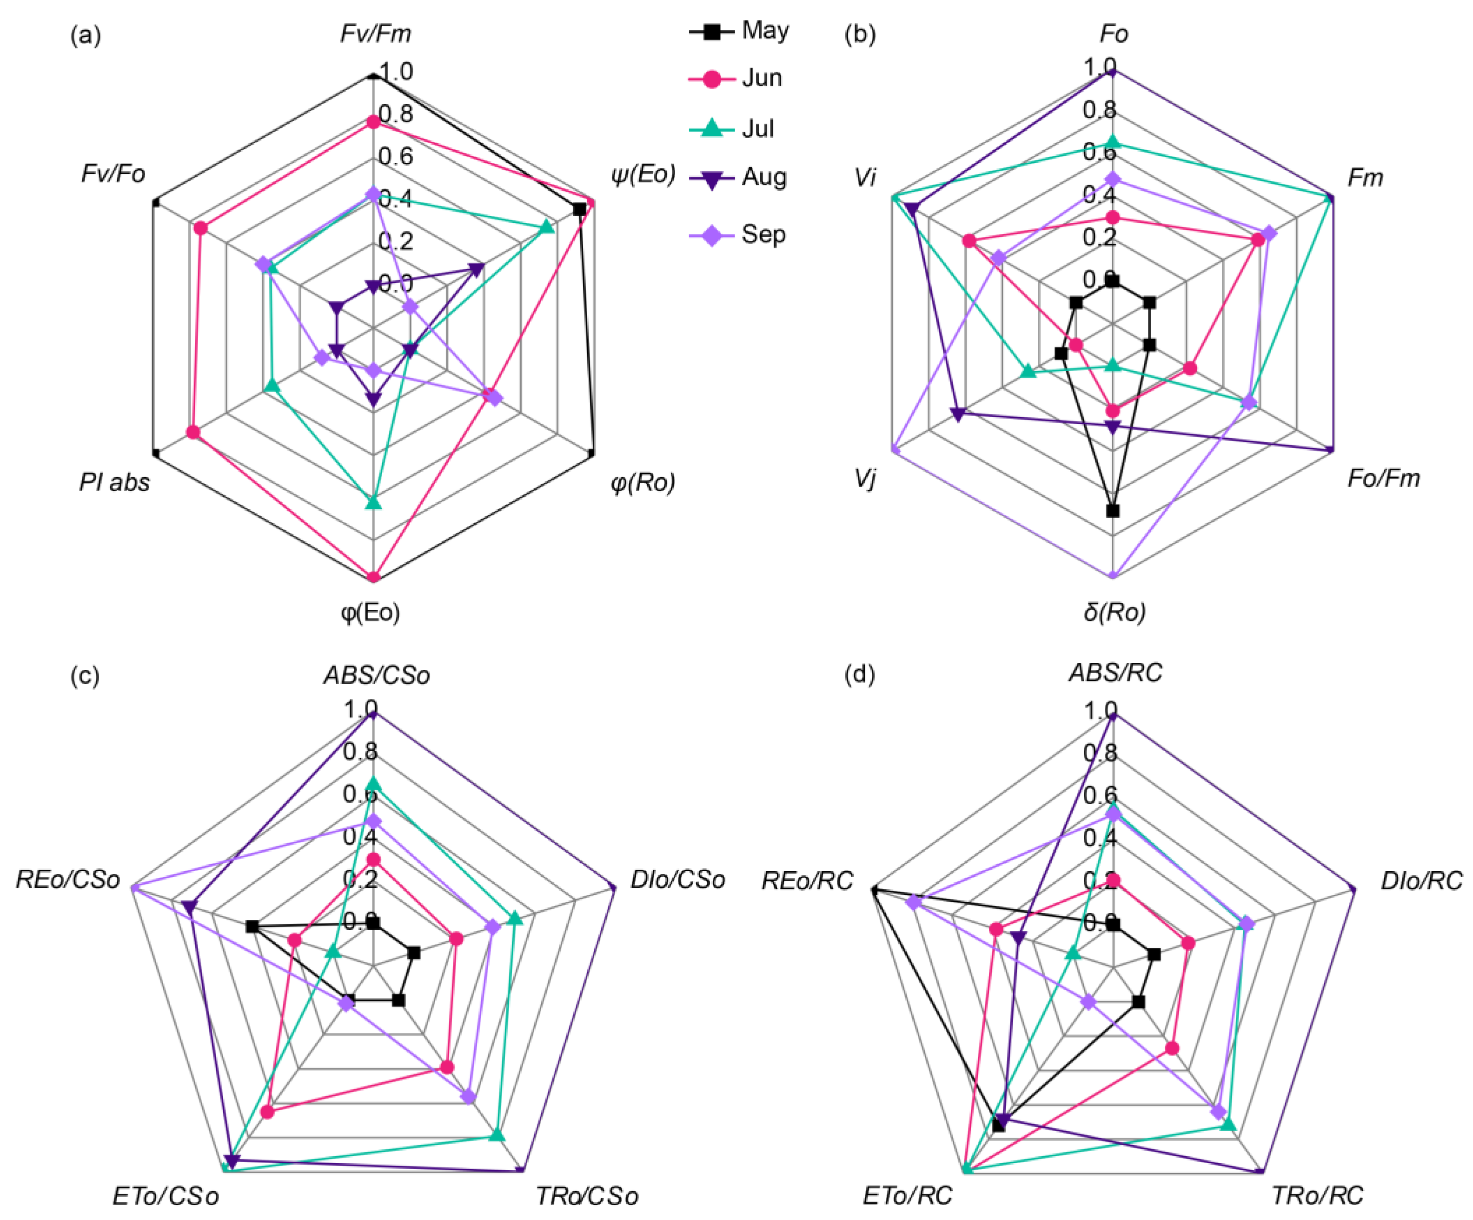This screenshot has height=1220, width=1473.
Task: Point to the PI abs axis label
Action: tap(114, 483)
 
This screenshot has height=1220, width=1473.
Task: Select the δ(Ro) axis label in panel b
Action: tap(1115, 612)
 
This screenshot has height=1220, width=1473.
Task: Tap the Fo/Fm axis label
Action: tap(1383, 479)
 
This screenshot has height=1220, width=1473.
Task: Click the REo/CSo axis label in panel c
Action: tap(68, 880)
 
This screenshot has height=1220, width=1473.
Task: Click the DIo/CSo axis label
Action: tap(677, 880)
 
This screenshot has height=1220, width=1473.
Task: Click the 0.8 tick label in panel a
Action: tap(396, 113)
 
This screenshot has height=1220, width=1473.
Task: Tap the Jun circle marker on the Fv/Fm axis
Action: tap(374, 122)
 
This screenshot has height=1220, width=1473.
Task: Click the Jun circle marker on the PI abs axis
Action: tap(193, 433)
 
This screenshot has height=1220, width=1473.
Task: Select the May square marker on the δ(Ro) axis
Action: tap(1113, 511)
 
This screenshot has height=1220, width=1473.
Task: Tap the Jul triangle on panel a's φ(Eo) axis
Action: tap(374, 502)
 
